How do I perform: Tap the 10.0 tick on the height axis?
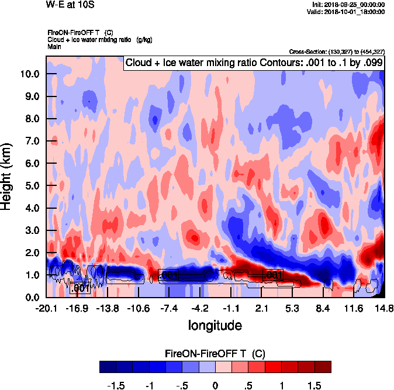28,74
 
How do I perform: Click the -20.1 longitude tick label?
46,308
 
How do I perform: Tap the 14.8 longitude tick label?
384,308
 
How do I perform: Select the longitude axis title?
215,325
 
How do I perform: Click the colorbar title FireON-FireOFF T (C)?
216,354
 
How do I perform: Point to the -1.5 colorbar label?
118,385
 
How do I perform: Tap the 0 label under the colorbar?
215,385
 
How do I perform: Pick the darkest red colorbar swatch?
323,367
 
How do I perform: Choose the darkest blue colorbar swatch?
108,367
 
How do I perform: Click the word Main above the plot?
54,46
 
